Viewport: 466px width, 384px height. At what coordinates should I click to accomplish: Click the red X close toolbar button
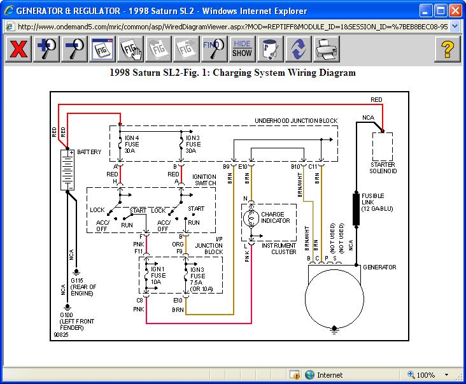pos(18,49)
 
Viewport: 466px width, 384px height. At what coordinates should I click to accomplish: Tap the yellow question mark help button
pos(448,49)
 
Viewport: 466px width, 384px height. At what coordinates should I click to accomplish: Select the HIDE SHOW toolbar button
pos(242,49)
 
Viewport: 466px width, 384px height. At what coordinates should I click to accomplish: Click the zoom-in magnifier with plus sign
pos(46,49)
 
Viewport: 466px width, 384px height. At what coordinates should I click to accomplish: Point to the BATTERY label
pos(89,152)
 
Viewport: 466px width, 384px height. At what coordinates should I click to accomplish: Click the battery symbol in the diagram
pos(67,169)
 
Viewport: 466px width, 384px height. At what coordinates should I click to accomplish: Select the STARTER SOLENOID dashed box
pos(383,147)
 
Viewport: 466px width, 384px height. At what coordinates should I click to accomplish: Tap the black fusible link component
pos(356,210)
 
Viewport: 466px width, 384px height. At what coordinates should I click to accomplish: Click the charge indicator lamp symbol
pos(251,218)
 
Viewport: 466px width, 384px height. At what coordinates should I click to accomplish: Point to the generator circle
pos(334,299)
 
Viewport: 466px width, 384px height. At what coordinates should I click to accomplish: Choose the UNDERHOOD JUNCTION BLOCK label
pos(296,120)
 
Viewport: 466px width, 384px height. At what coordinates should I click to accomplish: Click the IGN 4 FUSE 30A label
pos(132,144)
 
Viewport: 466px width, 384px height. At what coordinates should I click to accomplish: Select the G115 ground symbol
pos(76,272)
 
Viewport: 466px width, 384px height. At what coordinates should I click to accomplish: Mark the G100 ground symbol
pos(67,307)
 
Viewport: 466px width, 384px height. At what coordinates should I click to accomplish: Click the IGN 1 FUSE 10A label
pos(158,275)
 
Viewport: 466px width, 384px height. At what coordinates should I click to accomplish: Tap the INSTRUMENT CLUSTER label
pos(279,249)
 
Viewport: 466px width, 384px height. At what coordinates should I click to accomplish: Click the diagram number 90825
pos(61,335)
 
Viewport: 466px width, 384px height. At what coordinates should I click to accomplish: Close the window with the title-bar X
pos(455,11)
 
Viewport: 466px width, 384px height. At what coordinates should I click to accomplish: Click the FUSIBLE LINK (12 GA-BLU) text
pos(377,202)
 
